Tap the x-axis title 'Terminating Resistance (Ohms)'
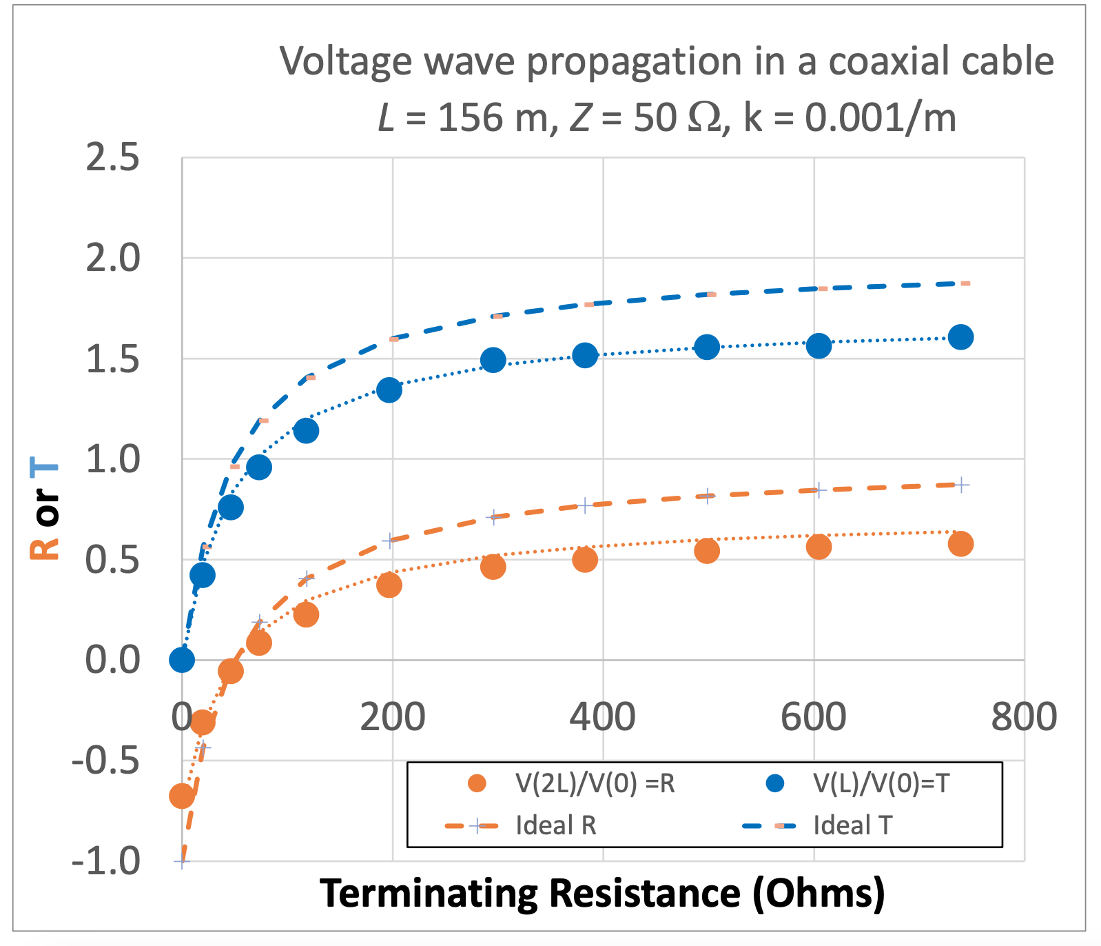[x=602, y=894]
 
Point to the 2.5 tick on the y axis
[x=112, y=159]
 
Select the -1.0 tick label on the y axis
[x=106, y=862]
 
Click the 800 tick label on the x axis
[x=1024, y=717]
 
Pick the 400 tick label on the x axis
[x=602, y=717]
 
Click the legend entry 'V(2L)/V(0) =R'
[x=595, y=784]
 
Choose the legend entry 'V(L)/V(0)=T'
[x=881, y=784]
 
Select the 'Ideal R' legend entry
[x=555, y=825]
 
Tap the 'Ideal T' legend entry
[x=852, y=825]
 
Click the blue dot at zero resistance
[x=182, y=660]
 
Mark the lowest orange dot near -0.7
[x=181, y=796]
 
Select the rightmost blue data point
[x=960, y=337]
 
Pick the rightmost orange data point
[x=960, y=544]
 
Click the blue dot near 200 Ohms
[x=389, y=390]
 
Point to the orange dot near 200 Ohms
[x=389, y=585]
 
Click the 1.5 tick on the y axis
[x=112, y=360]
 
